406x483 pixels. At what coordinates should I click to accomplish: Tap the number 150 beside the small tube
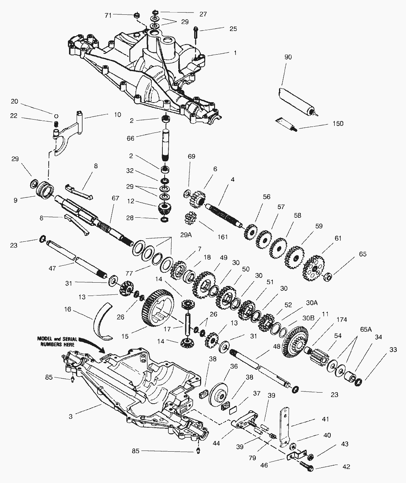[x=336, y=123]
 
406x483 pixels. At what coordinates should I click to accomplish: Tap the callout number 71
[x=108, y=15]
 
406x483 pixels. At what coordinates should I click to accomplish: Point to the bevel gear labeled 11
[x=295, y=341]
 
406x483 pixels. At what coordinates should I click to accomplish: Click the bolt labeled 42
[x=307, y=466]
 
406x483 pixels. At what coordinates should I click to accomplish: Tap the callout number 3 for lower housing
[x=70, y=416]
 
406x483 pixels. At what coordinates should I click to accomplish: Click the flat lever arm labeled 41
[x=286, y=424]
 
